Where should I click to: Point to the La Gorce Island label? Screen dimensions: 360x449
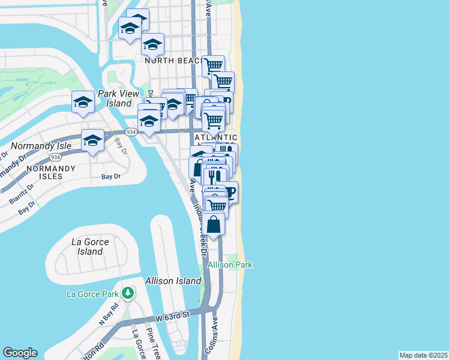[x=90, y=247]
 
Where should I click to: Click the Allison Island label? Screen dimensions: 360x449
[x=173, y=281]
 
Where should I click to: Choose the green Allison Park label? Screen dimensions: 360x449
[x=231, y=265]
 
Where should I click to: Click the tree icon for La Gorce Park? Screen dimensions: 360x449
[x=127, y=293]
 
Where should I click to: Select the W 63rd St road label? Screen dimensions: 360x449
[x=172, y=314]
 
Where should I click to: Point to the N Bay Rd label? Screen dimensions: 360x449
[x=107, y=314]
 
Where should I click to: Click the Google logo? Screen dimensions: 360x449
[x=20, y=353]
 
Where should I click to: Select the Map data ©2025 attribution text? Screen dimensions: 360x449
[x=423, y=355]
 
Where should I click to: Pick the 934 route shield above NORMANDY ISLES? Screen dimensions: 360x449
[x=55, y=157]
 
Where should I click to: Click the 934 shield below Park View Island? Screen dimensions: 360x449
[x=131, y=131]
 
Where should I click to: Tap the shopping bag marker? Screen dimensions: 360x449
[x=214, y=224]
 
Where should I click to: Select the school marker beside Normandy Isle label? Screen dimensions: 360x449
[x=92, y=141]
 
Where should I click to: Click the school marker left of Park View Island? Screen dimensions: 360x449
[x=83, y=103]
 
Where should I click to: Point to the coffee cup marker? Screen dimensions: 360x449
[x=229, y=192]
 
